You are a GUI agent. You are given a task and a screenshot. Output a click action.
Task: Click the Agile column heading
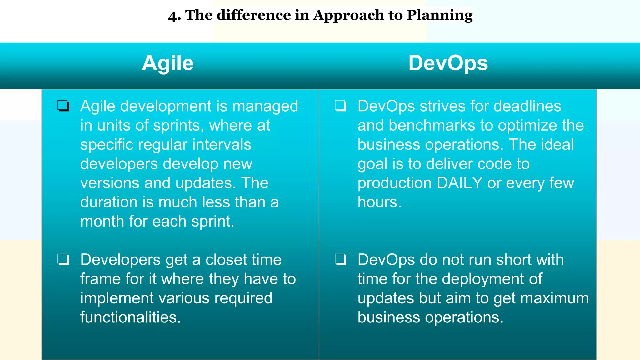[x=168, y=63]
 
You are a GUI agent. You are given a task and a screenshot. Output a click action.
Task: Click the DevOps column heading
[x=448, y=63]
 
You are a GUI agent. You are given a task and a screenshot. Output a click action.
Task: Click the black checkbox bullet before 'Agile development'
[x=63, y=106]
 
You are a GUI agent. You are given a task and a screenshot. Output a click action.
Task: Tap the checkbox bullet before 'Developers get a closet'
[x=63, y=259]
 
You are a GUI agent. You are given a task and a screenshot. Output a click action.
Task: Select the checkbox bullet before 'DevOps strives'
[x=341, y=106]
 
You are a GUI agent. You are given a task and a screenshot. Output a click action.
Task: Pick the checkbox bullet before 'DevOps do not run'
[x=341, y=259]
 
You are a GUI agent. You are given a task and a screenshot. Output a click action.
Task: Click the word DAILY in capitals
[x=460, y=183]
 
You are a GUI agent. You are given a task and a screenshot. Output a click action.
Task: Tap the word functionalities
[x=131, y=317]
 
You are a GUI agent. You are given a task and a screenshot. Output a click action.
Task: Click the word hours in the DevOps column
[x=379, y=202]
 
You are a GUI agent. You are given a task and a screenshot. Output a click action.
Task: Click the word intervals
[x=222, y=145]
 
